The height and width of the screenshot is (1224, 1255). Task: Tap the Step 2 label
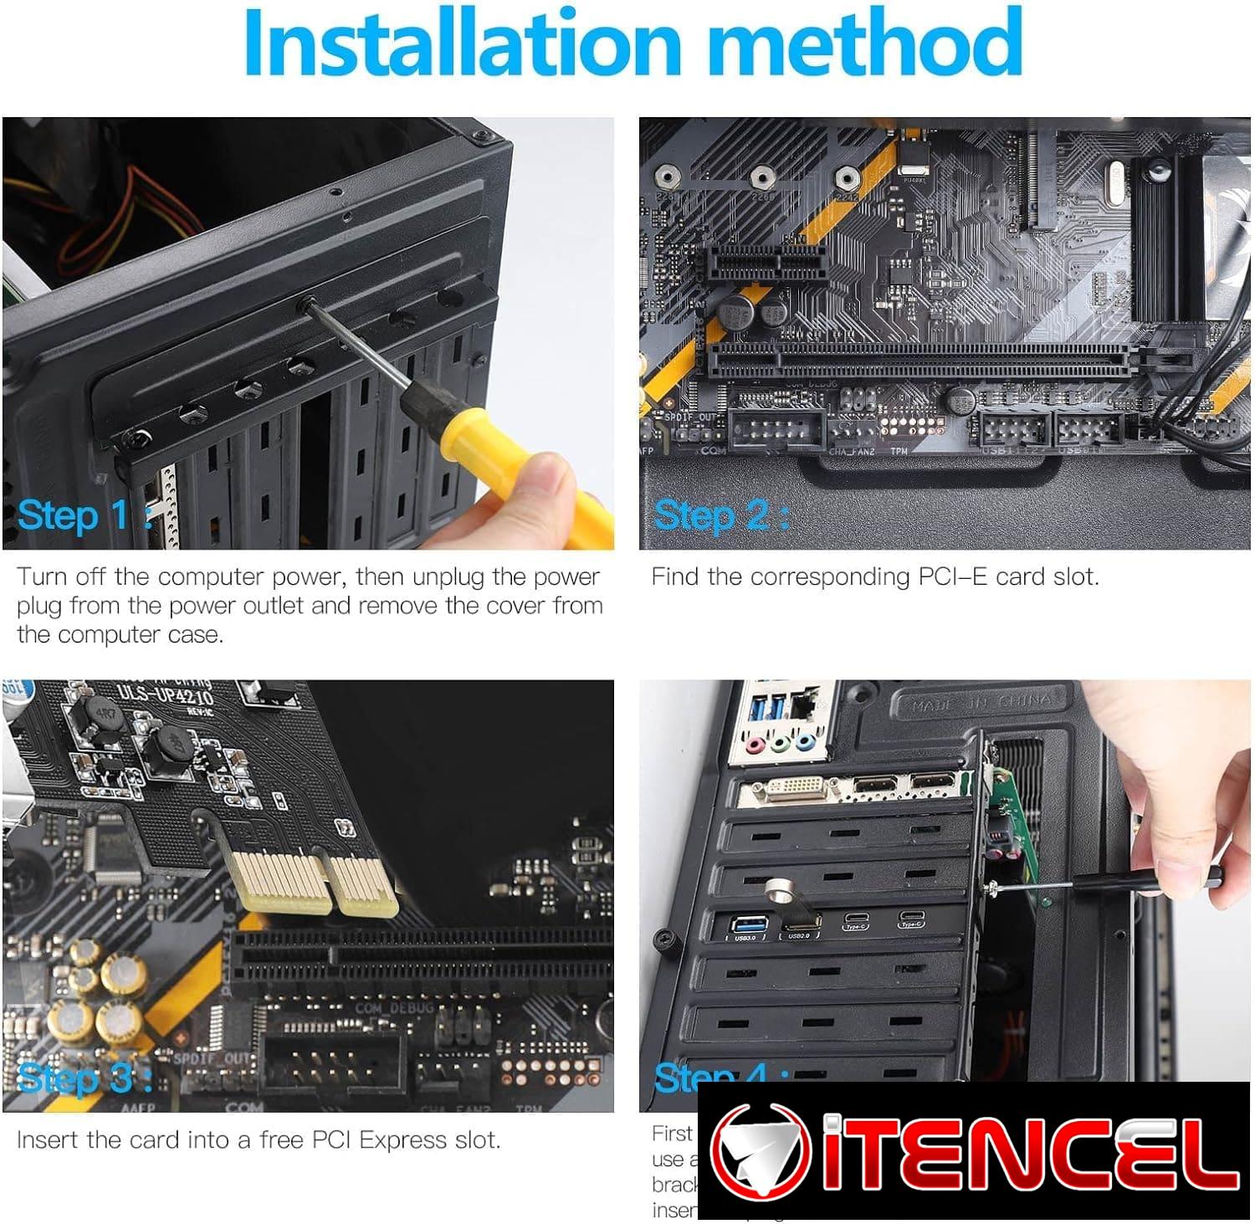click(x=710, y=515)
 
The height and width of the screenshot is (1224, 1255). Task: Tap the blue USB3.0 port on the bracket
click(x=745, y=924)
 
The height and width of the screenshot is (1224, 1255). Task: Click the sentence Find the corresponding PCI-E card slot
click(x=874, y=576)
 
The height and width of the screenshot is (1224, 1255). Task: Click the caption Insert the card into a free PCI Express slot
click(x=259, y=1139)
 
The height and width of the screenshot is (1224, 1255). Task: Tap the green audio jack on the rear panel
click(x=780, y=742)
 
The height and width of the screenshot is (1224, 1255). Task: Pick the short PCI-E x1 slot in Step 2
click(x=766, y=264)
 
